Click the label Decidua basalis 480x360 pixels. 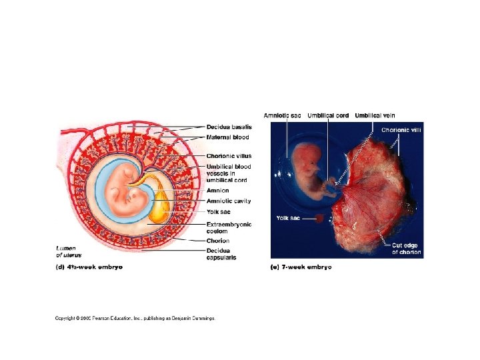coord(229,127)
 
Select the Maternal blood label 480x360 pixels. coord(227,137)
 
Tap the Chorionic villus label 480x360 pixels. coord(229,156)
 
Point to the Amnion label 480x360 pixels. coord(217,191)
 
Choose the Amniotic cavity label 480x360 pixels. coord(229,201)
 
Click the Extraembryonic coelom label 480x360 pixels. coord(229,227)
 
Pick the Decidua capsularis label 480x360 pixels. coord(221,254)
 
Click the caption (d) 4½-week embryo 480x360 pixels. coord(89,267)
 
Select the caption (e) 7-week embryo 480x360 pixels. coord(301,267)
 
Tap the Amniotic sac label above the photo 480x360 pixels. coord(282,115)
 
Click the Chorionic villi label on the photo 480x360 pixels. coord(401,129)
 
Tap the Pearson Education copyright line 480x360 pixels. coord(135,318)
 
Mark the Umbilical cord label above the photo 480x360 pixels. coord(327,115)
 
